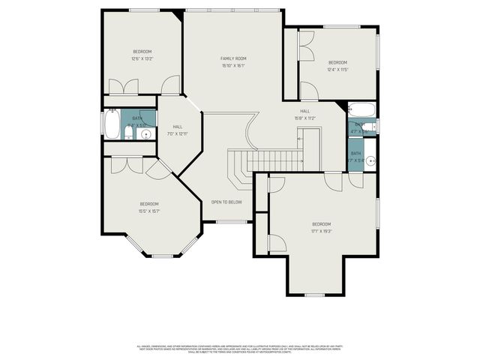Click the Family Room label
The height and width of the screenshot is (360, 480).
pyautogui.click(x=233, y=58)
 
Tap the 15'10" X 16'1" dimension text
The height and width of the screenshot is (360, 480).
pyautogui.click(x=233, y=66)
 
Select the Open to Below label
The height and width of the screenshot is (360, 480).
pyautogui.click(x=226, y=202)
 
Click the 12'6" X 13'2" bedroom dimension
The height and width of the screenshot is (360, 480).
pyautogui.click(x=142, y=58)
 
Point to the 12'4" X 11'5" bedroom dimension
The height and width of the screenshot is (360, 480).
pyautogui.click(x=337, y=70)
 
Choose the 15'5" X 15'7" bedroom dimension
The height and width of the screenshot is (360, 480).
pyautogui.click(x=149, y=211)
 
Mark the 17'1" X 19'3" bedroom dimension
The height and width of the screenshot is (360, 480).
pyautogui.click(x=321, y=232)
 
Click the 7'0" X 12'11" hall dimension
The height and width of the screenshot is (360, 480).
pyautogui.click(x=178, y=134)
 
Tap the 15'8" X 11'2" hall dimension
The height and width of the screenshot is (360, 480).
pyautogui.click(x=304, y=118)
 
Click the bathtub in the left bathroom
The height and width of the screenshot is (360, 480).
pyautogui.click(x=112, y=125)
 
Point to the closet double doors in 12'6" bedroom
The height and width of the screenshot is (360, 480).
pyautogui.click(x=120, y=87)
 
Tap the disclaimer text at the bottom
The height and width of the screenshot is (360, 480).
pyautogui.click(x=239, y=349)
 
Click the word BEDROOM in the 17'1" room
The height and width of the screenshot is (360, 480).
pyautogui.click(x=321, y=224)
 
